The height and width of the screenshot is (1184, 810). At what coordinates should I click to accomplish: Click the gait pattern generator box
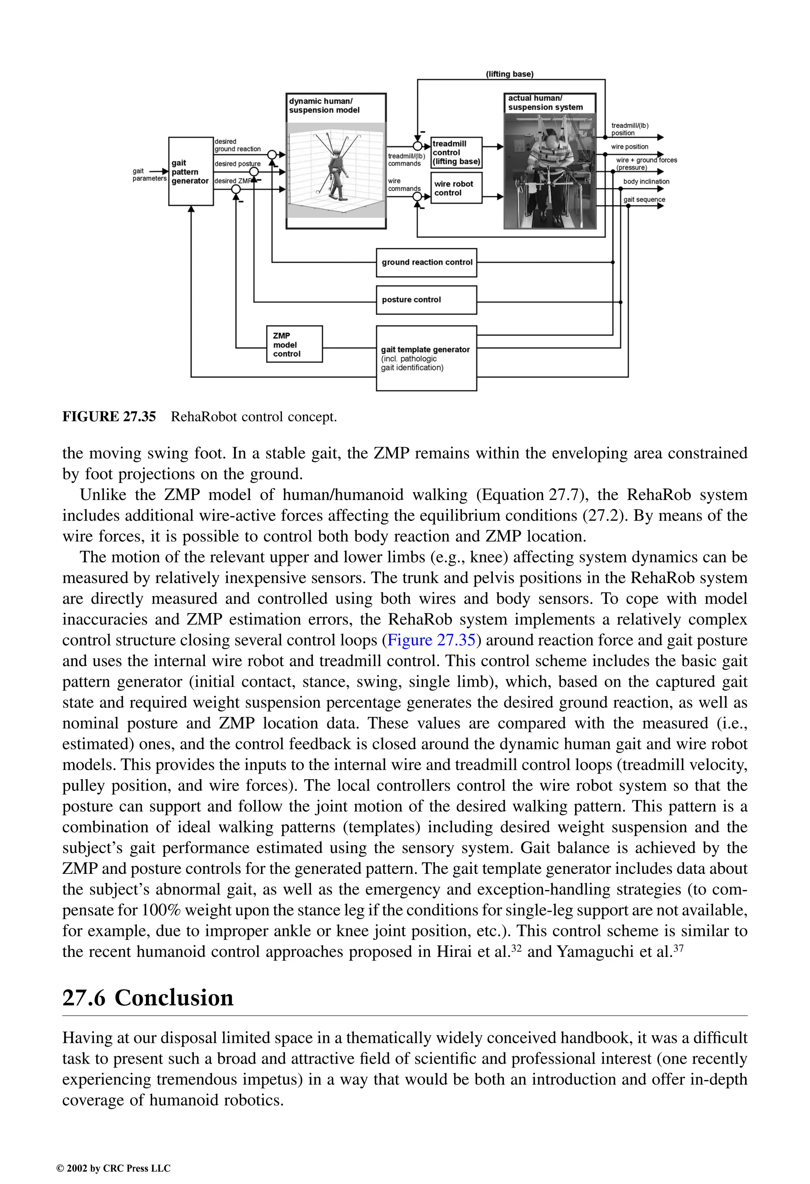click(x=191, y=172)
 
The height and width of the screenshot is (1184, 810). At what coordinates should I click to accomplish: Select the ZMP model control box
click(x=294, y=345)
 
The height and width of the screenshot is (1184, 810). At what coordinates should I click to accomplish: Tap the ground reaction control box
click(x=426, y=262)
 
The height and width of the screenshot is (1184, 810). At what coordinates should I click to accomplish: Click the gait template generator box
click(x=426, y=358)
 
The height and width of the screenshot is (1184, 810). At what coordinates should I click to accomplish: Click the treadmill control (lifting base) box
click(x=456, y=153)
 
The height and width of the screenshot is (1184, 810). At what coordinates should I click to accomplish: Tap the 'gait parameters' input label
click(x=149, y=175)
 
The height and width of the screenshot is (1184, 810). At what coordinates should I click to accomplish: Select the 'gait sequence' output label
click(x=644, y=199)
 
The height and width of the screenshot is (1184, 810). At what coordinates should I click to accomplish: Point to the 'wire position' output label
click(x=630, y=147)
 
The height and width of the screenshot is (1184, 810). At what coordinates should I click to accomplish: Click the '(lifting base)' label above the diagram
click(x=509, y=74)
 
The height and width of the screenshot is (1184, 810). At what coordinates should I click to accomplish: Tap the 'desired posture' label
click(x=237, y=164)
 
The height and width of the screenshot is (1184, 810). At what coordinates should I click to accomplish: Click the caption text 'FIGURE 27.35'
click(x=109, y=417)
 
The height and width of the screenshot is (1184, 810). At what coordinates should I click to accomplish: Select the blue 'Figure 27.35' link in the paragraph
click(x=431, y=640)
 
